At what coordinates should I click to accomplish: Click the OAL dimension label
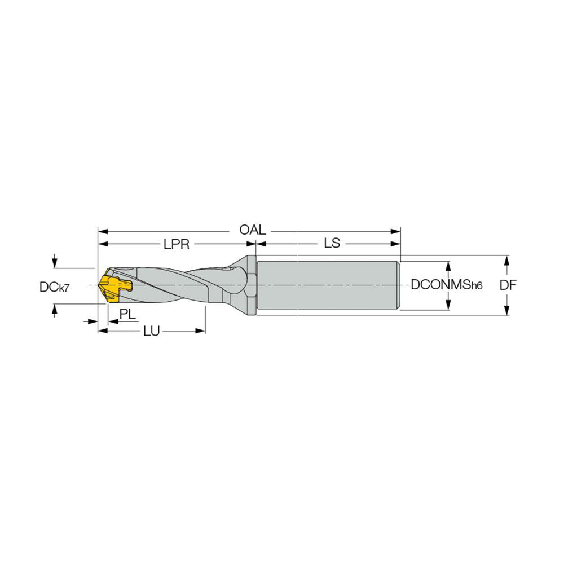[252, 231]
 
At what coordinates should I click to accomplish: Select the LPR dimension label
[176, 244]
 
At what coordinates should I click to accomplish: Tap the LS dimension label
[332, 244]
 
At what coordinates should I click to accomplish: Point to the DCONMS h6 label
[447, 285]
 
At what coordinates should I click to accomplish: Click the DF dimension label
[509, 285]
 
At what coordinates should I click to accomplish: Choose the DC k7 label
[54, 287]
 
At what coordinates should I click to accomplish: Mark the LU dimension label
[151, 331]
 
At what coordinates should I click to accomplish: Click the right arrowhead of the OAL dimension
[396, 231]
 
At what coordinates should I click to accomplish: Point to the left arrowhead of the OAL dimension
[102, 231]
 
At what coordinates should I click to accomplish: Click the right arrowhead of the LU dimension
[201, 331]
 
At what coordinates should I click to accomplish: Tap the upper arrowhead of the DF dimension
[507, 260]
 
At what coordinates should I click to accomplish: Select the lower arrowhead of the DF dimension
[507, 312]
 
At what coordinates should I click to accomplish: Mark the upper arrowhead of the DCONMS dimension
[449, 266]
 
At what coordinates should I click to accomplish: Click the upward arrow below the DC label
[54, 308]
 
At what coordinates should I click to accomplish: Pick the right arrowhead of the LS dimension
[396, 244]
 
